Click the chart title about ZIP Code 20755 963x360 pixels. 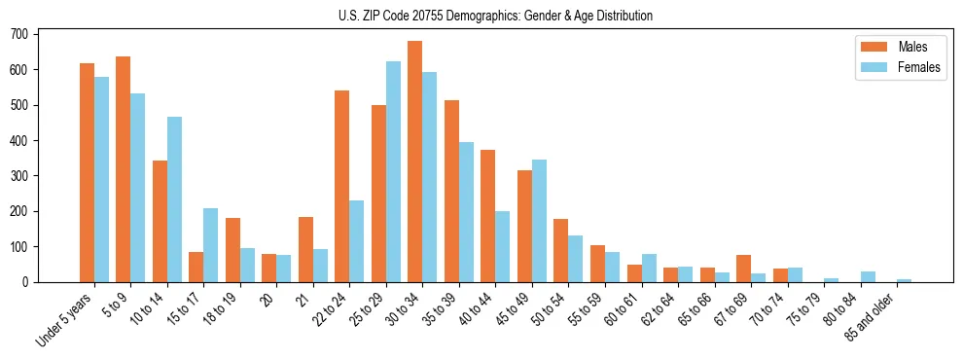pyautogui.click(x=481, y=16)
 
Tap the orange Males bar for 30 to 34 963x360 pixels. pyautogui.click(x=414, y=162)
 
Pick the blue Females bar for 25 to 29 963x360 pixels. pyautogui.click(x=393, y=172)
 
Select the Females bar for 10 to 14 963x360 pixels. pyautogui.click(x=174, y=199)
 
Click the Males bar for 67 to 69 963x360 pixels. pyautogui.click(x=743, y=269)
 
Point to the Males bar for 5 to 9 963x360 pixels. pyautogui.click(x=123, y=169)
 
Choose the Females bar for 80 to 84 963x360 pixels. pyautogui.click(x=868, y=276)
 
